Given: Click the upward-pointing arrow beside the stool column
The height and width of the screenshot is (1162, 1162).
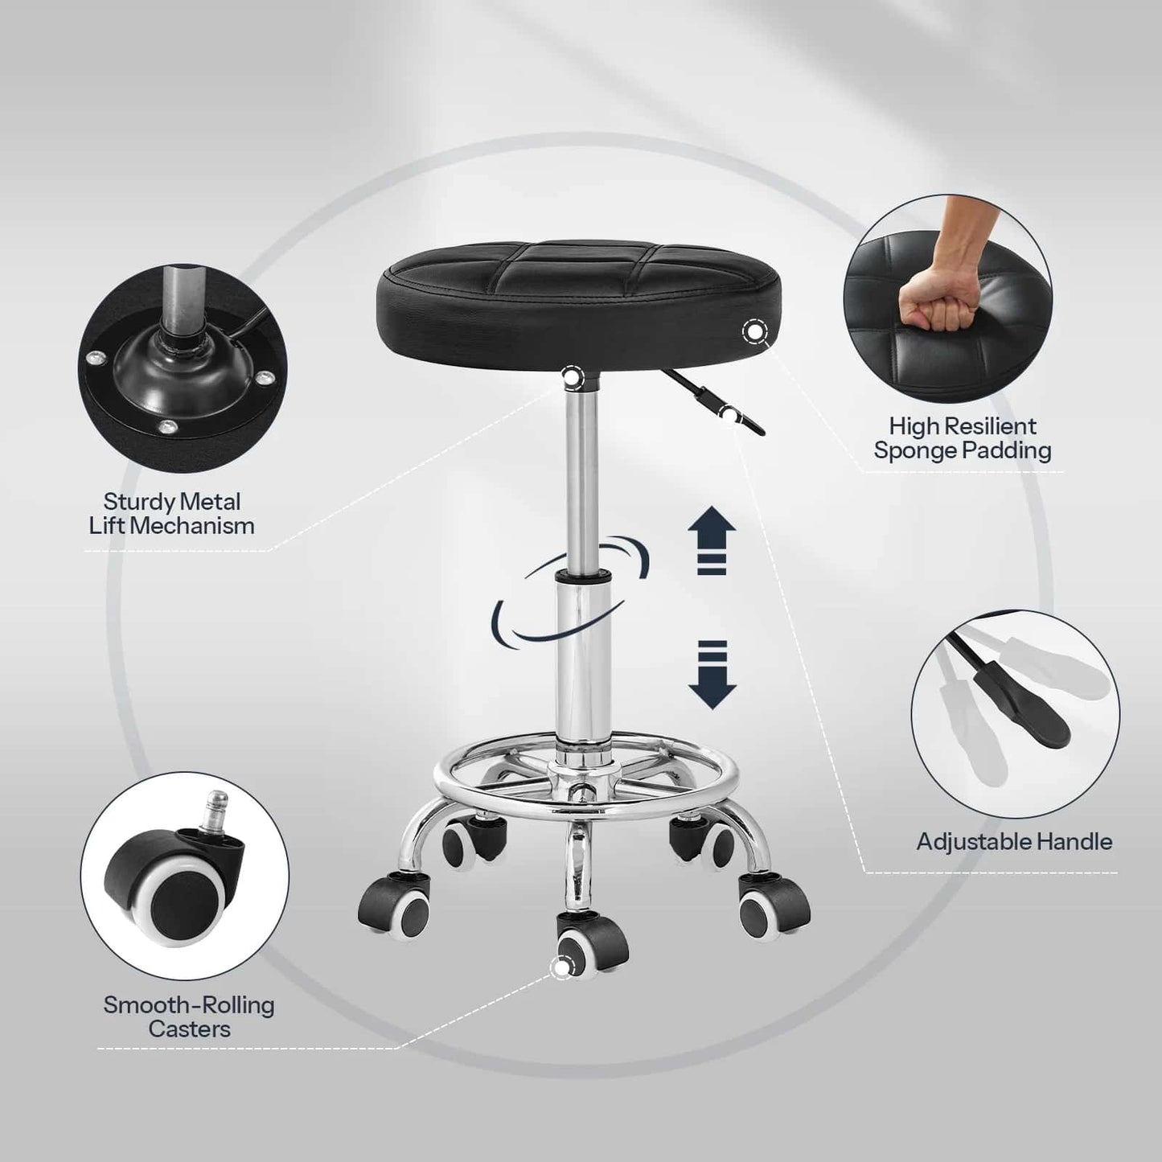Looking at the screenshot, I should [712, 540].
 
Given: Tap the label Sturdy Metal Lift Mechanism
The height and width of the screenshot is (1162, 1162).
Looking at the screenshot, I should [171, 514].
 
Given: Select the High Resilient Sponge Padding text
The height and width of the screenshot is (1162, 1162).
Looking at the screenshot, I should [963, 438].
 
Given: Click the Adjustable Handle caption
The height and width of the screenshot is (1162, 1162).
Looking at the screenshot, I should [1014, 842].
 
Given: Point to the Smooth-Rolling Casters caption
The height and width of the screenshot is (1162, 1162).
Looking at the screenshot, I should [189, 1016].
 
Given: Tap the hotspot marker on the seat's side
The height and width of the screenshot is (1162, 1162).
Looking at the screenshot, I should [754, 331].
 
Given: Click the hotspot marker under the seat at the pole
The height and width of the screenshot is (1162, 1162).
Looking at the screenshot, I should [572, 376].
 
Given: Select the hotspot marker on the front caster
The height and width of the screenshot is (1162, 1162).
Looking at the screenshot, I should [562, 967].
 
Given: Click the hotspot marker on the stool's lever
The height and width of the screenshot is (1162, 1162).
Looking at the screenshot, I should [729, 414].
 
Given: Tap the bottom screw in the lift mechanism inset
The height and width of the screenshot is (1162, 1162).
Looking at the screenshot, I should [166, 427].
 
